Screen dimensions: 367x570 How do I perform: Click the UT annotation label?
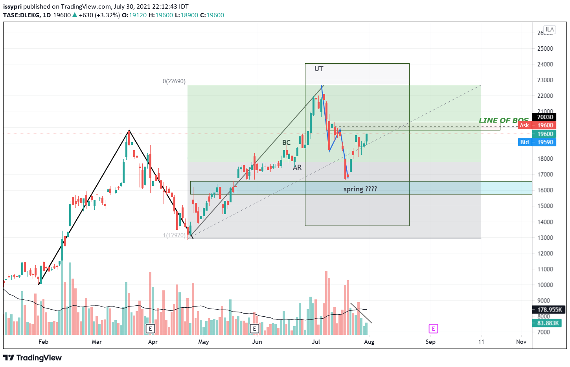tap(319, 69)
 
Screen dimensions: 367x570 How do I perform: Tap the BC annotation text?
tap(286, 143)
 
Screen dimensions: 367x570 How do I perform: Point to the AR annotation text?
tap(297, 167)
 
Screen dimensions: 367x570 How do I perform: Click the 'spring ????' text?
tap(360, 189)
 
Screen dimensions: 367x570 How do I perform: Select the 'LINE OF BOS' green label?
tap(504, 120)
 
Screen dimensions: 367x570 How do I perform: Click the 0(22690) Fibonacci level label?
tap(174, 81)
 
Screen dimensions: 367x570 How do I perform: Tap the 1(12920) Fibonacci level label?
tap(174, 235)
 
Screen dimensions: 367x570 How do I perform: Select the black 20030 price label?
tap(545, 117)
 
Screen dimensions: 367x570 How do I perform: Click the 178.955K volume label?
tap(549, 310)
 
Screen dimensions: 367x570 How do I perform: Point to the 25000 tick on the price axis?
tap(545, 49)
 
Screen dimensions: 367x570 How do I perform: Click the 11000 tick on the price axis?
tap(545, 269)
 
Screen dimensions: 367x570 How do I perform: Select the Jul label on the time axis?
tap(316, 342)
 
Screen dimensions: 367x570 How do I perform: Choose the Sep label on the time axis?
tap(430, 342)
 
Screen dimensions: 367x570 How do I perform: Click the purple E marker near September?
tap(433, 329)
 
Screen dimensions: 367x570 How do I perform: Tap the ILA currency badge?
tap(550, 29)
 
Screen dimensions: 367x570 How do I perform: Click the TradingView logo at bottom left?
tap(33, 358)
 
